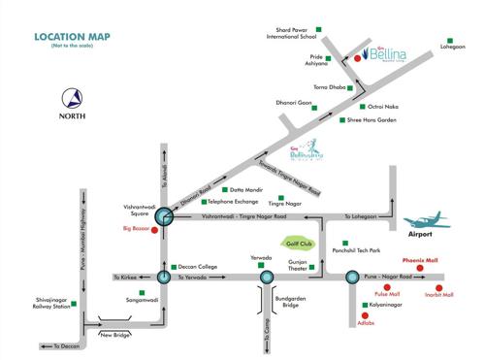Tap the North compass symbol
pyautogui.click(x=72, y=100)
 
